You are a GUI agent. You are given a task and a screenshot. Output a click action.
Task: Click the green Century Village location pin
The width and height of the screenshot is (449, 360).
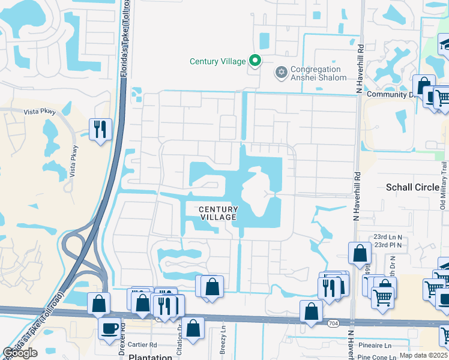256,61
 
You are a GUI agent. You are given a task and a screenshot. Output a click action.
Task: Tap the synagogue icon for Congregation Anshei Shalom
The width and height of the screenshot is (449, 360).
280,73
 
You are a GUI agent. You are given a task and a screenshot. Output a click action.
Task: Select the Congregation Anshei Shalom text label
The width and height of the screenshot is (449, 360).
318,73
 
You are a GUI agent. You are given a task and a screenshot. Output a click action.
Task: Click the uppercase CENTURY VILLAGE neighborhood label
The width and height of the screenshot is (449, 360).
218,213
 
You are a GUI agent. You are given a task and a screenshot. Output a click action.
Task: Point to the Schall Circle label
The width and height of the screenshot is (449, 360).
413,187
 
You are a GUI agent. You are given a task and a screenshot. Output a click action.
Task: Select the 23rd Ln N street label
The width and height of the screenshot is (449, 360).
389,237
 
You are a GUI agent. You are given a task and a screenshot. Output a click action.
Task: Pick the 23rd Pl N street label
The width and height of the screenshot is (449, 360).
389,245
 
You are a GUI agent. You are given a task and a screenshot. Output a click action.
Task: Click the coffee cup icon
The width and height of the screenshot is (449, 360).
109,329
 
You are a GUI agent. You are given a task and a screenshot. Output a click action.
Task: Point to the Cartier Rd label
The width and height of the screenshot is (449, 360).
142,345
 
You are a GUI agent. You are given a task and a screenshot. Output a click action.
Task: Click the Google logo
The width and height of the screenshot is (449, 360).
20,353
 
